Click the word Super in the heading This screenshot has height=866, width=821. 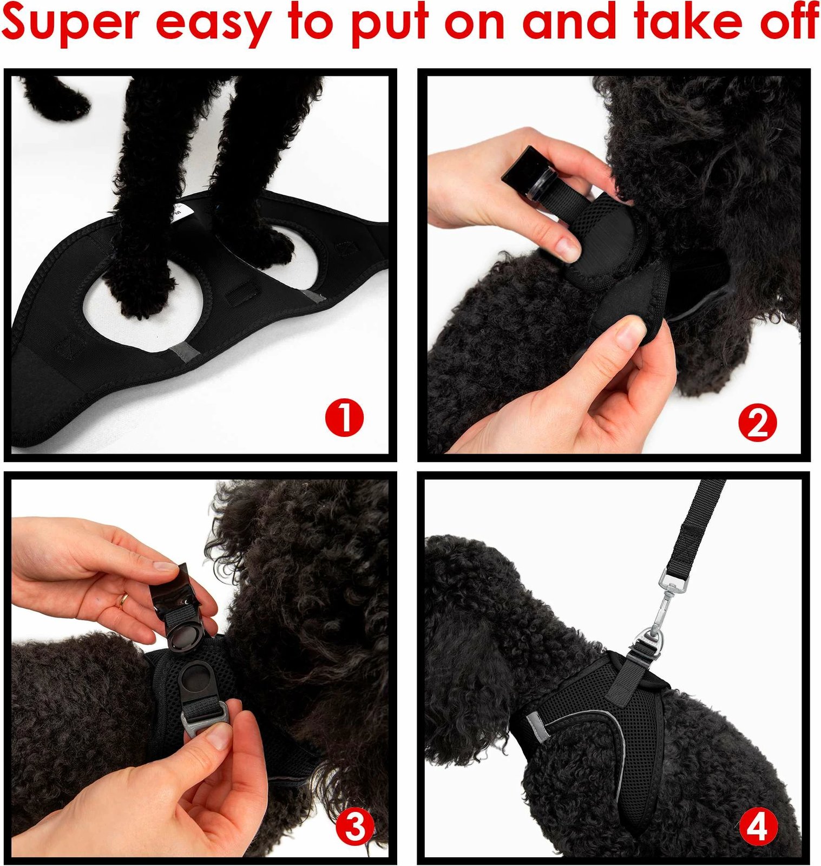(x=71, y=23)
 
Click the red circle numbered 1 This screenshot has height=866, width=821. (x=345, y=417)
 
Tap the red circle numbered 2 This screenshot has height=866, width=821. (x=757, y=423)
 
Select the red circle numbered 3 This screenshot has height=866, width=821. (x=355, y=826)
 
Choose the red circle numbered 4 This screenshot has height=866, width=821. (x=758, y=826)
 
